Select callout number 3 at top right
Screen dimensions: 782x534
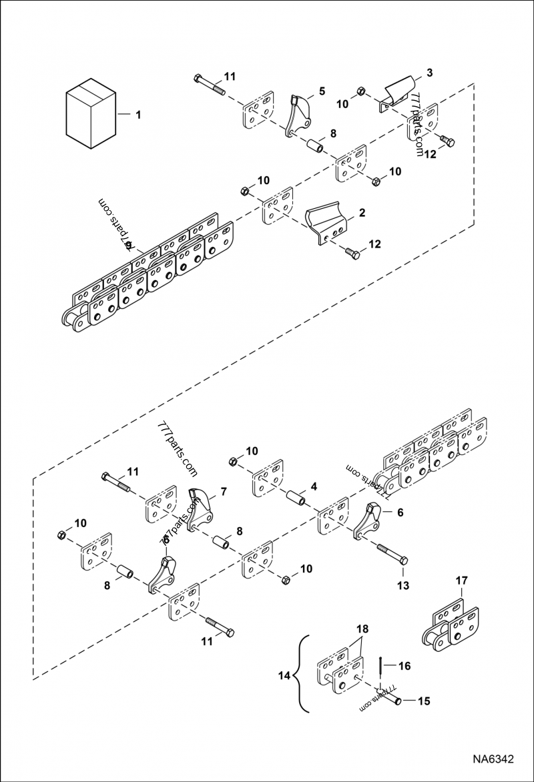pos(429,73)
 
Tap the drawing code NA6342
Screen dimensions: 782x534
pos(493,759)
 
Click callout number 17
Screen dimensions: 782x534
pos(461,581)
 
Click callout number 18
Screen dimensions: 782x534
pos(362,629)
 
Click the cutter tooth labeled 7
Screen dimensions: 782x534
pos(200,510)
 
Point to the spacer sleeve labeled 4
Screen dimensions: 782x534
pos(296,499)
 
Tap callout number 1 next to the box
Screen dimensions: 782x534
pos(138,115)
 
